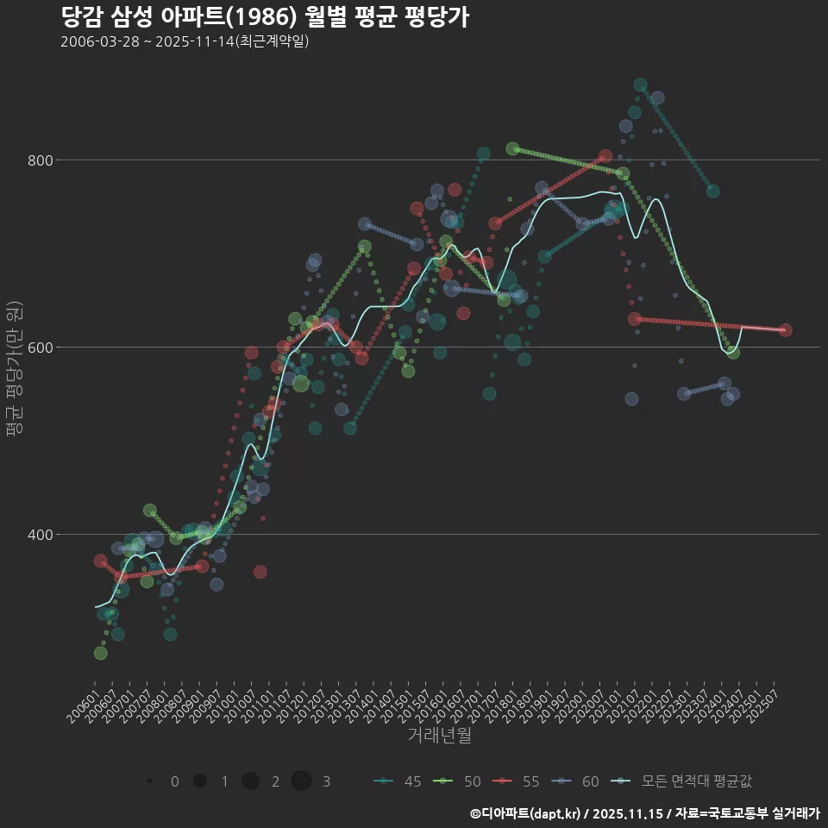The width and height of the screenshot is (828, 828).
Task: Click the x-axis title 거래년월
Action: click(439, 736)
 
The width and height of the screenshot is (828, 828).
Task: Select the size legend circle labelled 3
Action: click(301, 781)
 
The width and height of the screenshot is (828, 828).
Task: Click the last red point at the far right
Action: click(785, 330)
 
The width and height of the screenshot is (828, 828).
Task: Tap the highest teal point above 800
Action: click(640, 85)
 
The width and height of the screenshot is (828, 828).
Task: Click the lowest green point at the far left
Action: click(101, 653)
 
